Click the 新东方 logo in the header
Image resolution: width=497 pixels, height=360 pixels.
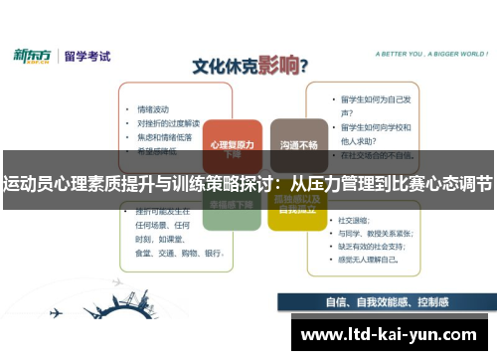pos(35,56)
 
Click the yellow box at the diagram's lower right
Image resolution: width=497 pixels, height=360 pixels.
pos(296,207)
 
